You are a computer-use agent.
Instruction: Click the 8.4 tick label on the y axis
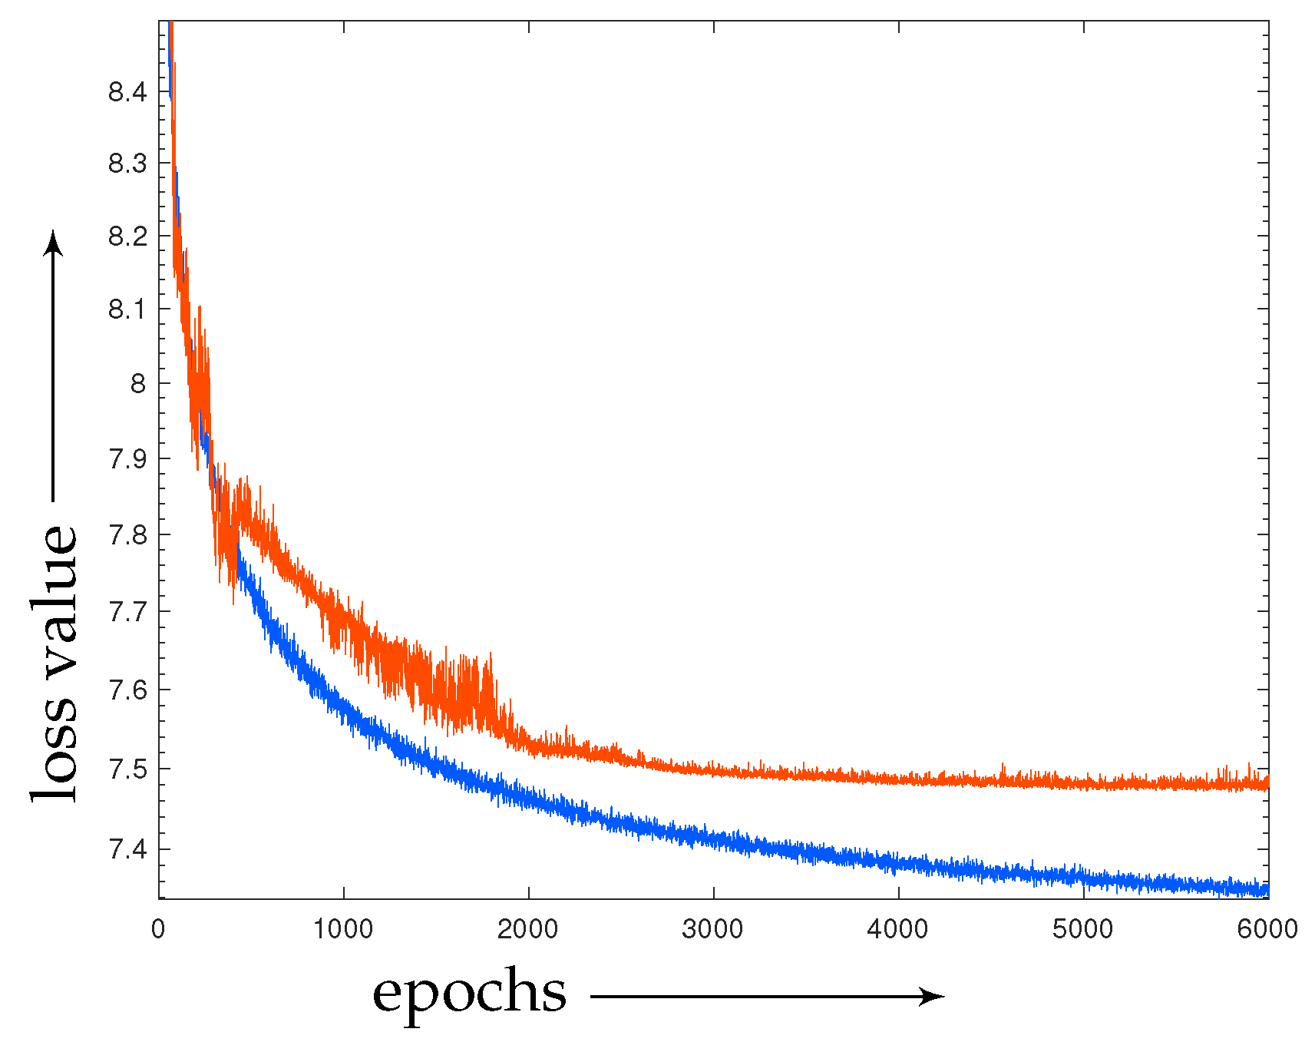coord(127,92)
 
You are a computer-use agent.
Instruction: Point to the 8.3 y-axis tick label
coord(127,163)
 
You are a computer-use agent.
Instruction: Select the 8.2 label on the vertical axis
coord(127,236)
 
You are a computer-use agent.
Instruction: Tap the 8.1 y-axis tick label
coord(127,309)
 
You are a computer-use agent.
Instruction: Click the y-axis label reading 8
coord(137,383)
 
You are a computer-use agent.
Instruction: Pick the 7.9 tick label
coord(127,458)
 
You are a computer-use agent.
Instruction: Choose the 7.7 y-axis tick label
coord(127,612)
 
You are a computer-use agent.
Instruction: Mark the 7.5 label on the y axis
coord(127,769)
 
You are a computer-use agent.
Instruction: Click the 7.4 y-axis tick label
coord(127,849)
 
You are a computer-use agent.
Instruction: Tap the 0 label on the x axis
coord(158,929)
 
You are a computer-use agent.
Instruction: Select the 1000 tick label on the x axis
coord(343,929)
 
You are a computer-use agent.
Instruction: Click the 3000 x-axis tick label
coord(713,929)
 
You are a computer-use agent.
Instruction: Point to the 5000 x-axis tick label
coord(1083,929)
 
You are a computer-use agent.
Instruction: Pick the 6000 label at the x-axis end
coord(1267,929)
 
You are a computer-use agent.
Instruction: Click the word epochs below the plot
coord(469,994)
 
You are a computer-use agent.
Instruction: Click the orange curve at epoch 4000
coord(898,779)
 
